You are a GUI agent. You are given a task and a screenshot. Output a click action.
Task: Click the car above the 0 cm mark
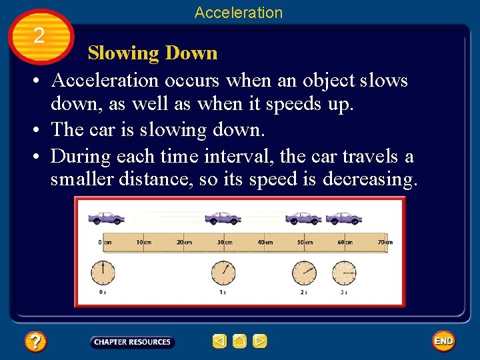pos(105,217)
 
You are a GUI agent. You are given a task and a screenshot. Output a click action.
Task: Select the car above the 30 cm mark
pos(223,217)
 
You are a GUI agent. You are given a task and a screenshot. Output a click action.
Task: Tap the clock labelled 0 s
pos(103,272)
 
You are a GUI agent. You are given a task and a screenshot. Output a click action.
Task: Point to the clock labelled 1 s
pos(223,272)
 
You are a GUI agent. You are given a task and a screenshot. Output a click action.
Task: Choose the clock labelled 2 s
pos(304,272)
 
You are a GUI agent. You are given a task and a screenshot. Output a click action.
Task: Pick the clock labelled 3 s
pos(345,272)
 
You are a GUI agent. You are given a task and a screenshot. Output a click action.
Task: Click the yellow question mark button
pos(35,342)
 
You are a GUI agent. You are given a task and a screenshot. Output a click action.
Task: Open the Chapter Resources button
pos(132,342)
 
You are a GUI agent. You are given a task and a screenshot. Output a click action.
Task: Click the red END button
pos(443,341)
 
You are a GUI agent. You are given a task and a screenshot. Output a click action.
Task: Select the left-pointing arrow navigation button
pos(219,342)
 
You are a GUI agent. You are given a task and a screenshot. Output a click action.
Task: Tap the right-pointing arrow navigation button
pos(260,342)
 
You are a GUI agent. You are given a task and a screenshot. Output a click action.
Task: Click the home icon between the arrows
pos(239,342)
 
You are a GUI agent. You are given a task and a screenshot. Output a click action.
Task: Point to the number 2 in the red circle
pos(39,35)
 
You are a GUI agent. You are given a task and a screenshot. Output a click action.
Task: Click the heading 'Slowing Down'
pos(153,53)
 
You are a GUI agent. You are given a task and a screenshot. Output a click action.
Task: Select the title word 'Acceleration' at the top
pos(239,13)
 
